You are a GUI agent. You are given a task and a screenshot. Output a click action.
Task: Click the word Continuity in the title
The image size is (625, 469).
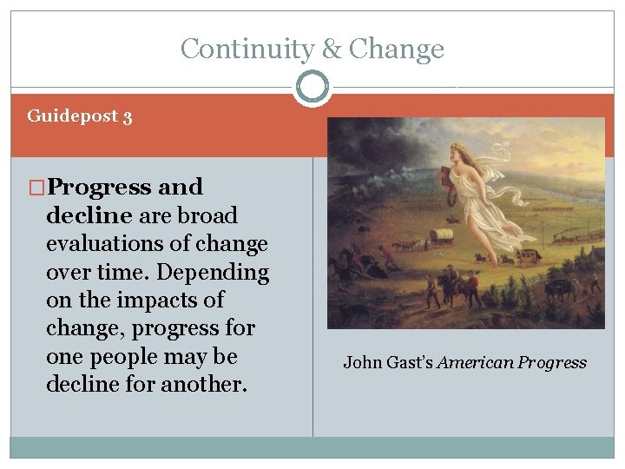(x=247, y=49)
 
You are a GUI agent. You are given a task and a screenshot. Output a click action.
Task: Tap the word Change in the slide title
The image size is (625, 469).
(x=396, y=49)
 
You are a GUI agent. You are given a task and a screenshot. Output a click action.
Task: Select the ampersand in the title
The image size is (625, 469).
(x=332, y=49)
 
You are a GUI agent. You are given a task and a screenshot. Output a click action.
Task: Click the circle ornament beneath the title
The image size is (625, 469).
(x=312, y=88)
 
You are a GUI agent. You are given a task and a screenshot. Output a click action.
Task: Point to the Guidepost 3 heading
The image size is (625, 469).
(x=79, y=116)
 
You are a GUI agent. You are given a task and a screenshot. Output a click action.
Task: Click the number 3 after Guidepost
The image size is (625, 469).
(x=128, y=116)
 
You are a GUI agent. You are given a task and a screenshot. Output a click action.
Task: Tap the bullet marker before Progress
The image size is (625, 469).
(x=37, y=188)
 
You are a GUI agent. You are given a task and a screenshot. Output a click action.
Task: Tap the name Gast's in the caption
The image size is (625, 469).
(x=408, y=362)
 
